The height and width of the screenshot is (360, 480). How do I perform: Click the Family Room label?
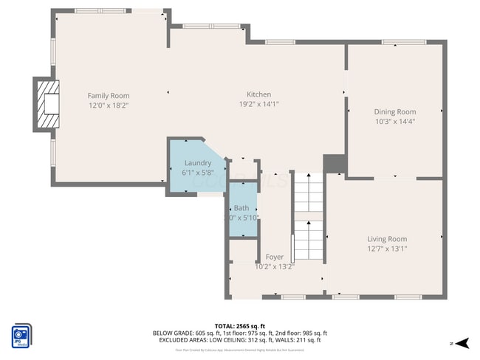pos(109,95)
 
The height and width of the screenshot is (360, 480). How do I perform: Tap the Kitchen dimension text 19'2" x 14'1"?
pos(258,105)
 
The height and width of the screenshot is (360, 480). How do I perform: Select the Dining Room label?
pos(395,111)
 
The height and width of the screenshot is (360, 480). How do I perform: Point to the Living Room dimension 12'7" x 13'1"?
pos(387,249)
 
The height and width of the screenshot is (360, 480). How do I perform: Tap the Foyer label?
pos(274,257)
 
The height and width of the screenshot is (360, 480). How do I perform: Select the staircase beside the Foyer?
pos(308,218)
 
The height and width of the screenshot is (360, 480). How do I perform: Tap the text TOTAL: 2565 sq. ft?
pos(239,325)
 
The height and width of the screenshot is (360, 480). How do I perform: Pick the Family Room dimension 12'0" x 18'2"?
pos(109,105)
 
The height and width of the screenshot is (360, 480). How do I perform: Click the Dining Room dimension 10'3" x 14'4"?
pos(395,121)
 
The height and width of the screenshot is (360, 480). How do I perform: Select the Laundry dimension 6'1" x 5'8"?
pos(197,173)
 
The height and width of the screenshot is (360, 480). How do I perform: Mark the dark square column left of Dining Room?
pos(335,164)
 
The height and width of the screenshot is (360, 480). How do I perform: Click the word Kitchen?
pos(258,94)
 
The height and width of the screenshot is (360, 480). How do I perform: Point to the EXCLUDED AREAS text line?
pos(239,340)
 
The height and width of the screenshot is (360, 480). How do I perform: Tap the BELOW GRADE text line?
pos(239,333)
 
